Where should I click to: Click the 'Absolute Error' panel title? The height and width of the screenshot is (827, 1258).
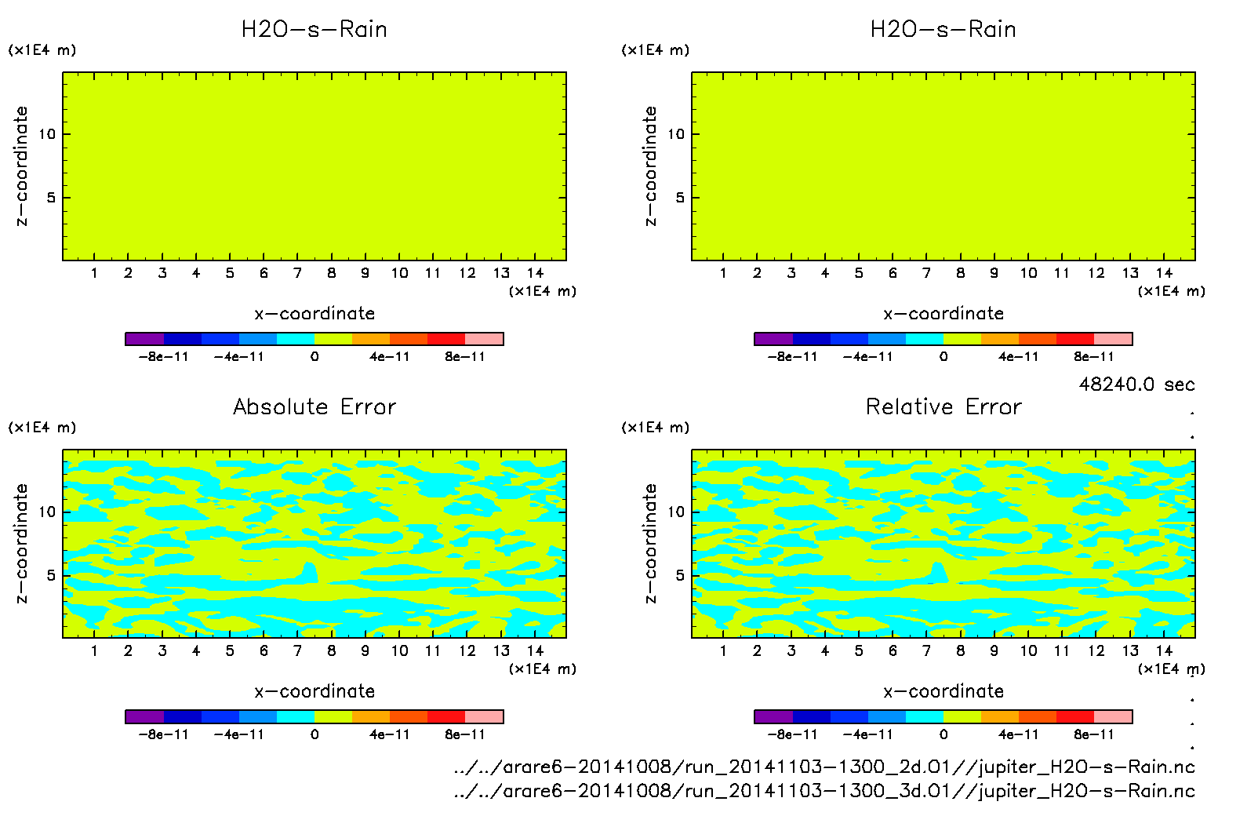coord(314,406)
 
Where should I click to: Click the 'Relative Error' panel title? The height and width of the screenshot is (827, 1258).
coord(943,406)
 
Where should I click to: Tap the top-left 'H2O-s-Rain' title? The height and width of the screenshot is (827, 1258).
coord(314,29)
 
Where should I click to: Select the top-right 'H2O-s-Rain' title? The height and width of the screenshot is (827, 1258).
coord(943,29)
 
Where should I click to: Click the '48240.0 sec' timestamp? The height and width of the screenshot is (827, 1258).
coord(1136,384)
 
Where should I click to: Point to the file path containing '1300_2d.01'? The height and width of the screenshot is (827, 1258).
coord(824,767)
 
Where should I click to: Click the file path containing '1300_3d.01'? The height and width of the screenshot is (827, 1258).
coord(824,791)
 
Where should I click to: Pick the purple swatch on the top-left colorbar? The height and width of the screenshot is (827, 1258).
coord(145,339)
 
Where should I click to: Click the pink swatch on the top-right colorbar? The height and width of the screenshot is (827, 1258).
coord(1113,339)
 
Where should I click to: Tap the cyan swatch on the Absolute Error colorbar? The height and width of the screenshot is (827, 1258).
coord(296,716)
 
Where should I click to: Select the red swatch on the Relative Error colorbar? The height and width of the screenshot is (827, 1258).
coord(1075,716)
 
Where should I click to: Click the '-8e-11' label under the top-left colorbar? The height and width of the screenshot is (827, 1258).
coord(163,357)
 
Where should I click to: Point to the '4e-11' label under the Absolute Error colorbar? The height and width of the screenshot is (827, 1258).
coord(390,735)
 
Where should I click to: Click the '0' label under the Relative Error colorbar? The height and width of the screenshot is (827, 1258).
coord(943,735)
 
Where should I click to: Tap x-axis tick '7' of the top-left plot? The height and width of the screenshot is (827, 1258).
coord(297,273)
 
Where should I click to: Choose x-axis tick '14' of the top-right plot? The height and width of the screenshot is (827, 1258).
coord(1164,273)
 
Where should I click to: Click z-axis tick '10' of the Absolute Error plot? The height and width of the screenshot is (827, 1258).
coord(48,512)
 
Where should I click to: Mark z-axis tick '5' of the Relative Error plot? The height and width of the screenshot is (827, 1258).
coord(680,576)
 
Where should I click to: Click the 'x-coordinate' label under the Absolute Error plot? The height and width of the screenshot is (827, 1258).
coord(314,691)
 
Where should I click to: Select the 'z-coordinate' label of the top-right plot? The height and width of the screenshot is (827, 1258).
coord(650,166)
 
